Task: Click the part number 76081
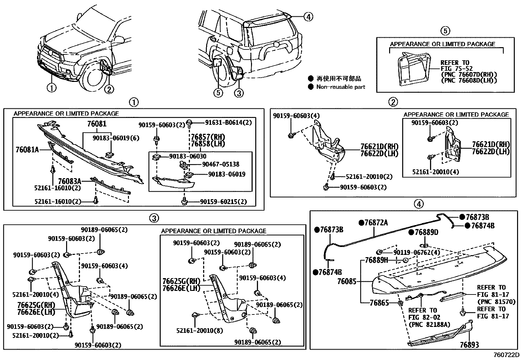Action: coord(97,124)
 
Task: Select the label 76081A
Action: coord(27,150)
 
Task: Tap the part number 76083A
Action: coord(69,181)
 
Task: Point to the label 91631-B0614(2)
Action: coord(228,123)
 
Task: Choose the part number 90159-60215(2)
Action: coord(223,202)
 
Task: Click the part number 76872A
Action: coord(376,223)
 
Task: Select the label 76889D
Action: coord(426,232)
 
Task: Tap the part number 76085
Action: coord(347,281)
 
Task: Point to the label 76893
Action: coord(469,345)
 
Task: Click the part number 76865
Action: coord(379,303)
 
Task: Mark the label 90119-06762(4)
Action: coord(417,253)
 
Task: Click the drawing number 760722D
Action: coord(506,355)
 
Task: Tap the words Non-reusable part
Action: coord(340,87)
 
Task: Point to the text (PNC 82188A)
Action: coord(429,325)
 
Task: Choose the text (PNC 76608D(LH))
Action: coord(469,80)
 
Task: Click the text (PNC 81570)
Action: coord(496,302)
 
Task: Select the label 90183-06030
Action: coord(188,156)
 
